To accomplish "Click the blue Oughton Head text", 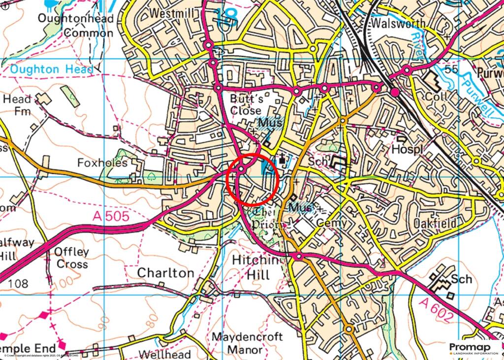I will pyautogui.click(x=52, y=69).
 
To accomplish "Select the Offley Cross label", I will pyautogui.click(x=72, y=258).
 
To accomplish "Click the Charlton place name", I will pyautogui.click(x=165, y=272).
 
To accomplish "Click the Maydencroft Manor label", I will pyautogui.click(x=248, y=344).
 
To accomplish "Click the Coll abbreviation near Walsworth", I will pyautogui.click(x=437, y=96).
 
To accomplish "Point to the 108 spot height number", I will pyautogui.click(x=19, y=284).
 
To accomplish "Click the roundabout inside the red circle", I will pyautogui.click(x=241, y=169).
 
